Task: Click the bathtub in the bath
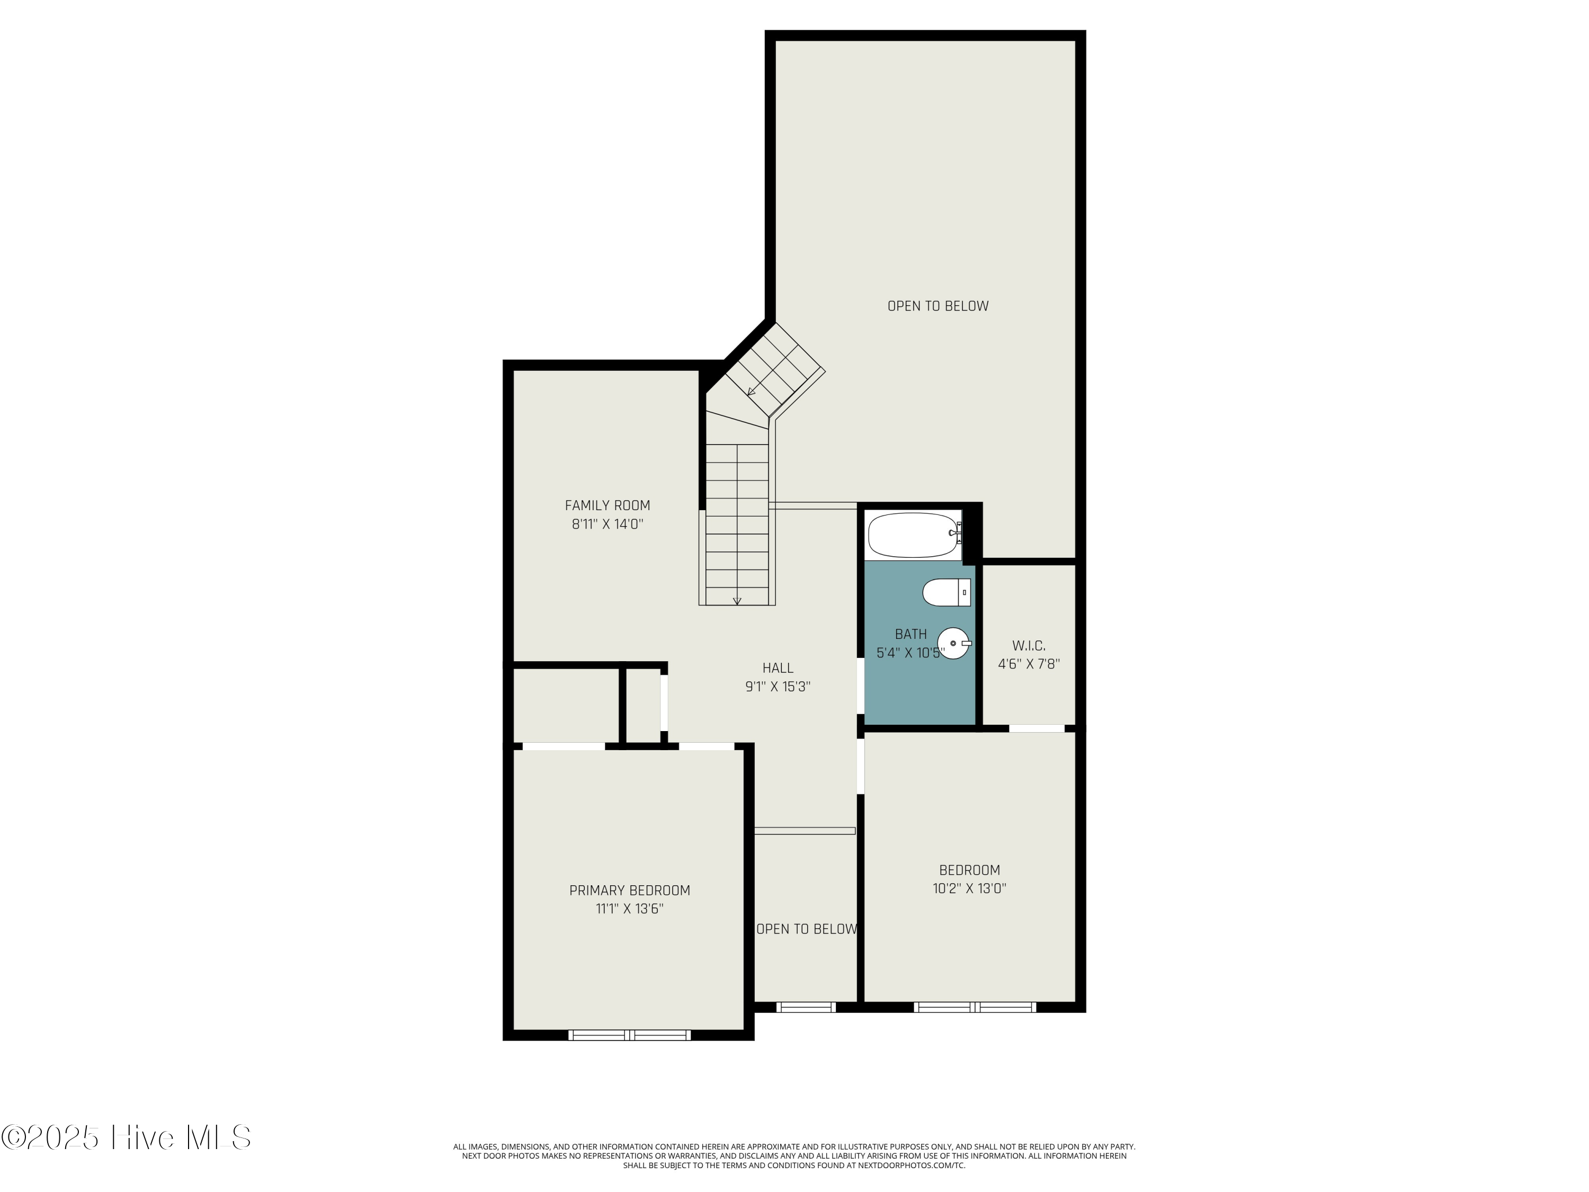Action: (914, 535)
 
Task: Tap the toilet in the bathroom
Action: (946, 593)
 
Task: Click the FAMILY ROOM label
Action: (607, 505)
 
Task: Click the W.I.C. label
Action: (1029, 645)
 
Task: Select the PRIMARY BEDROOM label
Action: (629, 890)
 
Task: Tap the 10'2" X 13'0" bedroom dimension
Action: (969, 888)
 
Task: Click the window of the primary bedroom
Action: (629, 1035)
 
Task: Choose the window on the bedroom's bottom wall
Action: (975, 1007)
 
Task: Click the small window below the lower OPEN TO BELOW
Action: (806, 1007)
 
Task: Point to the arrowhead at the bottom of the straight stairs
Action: (737, 601)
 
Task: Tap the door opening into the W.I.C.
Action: (1037, 728)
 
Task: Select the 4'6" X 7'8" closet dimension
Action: (1029, 664)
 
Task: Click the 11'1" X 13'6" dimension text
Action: (629, 909)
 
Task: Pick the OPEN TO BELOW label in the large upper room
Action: (938, 306)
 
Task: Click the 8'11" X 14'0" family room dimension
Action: (607, 524)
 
